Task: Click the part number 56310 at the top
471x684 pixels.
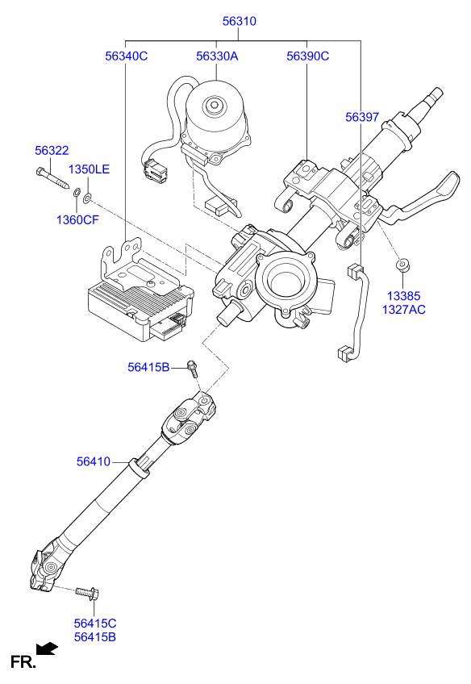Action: point(240,22)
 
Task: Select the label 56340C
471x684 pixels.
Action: point(127,56)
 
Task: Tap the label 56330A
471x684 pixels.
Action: point(217,56)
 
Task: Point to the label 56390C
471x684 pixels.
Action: point(308,56)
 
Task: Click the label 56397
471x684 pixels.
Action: point(362,117)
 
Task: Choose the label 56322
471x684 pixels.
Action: point(52,151)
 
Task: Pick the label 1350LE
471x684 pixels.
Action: point(88,169)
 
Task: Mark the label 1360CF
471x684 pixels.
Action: point(77,219)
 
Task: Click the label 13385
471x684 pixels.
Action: point(403,296)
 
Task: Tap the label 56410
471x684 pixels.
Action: point(94,461)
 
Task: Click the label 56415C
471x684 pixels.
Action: point(95,624)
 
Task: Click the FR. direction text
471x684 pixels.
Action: point(23,663)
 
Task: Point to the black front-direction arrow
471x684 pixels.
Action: point(48,648)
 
